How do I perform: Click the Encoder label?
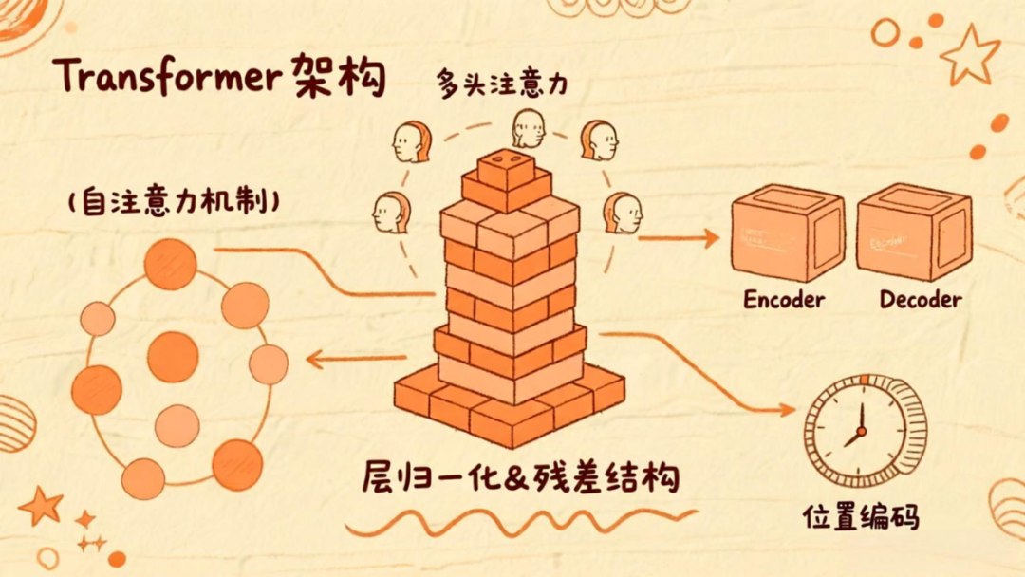click(x=784, y=300)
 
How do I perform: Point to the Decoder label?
click(x=920, y=300)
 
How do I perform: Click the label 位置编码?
click(x=861, y=516)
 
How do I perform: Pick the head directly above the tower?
click(x=528, y=129)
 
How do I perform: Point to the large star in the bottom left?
click(x=41, y=505)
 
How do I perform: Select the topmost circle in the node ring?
click(x=171, y=264)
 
